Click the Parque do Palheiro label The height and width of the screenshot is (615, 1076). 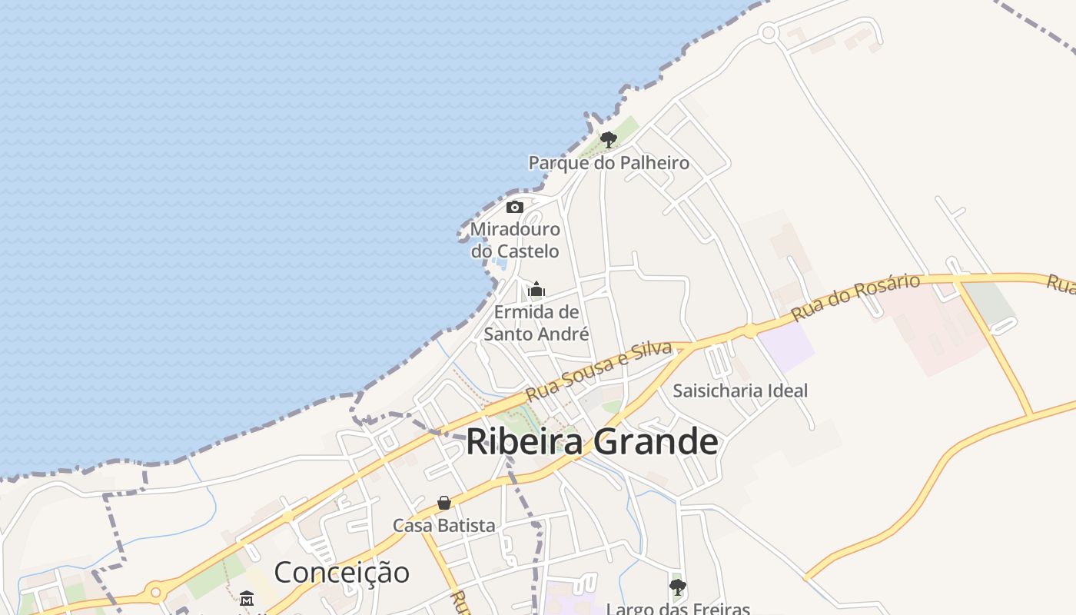(608, 163)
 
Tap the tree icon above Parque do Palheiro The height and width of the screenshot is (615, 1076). (609, 140)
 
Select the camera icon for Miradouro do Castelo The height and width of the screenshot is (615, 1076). (515, 207)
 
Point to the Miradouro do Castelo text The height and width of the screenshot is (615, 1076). (515, 240)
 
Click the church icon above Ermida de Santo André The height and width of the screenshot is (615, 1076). (536, 290)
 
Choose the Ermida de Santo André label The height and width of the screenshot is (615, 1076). (536, 323)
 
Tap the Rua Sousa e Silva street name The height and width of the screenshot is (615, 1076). (599, 371)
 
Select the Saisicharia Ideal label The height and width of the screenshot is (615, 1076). (740, 391)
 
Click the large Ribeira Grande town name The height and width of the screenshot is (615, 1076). (592, 442)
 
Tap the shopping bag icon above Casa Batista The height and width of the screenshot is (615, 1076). (443, 503)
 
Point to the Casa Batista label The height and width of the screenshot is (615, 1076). (443, 526)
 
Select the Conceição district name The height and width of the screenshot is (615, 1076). (341, 573)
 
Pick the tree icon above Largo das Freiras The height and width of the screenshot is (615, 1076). (677, 587)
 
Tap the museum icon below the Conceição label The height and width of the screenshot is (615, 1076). (247, 598)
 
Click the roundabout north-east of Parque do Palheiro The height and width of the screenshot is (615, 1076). (768, 32)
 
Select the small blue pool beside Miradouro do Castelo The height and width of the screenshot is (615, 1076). (500, 264)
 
